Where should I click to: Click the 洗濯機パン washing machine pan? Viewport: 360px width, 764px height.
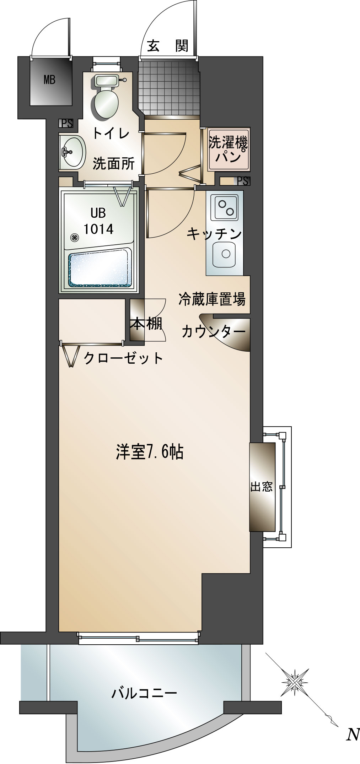coord(229,150)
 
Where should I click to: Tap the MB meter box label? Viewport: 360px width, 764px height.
coord(49,80)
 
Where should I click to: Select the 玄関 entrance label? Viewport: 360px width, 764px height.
coord(167,46)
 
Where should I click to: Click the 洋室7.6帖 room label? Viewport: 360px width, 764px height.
coord(149,452)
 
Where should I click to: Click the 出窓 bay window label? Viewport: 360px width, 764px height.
coord(262,487)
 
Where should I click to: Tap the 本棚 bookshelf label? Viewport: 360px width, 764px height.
coord(146,324)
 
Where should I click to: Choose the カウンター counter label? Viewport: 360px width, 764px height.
coord(213,332)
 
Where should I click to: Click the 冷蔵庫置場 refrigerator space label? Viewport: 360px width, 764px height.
coord(212,299)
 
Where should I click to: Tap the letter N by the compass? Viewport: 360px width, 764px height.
coord(353,734)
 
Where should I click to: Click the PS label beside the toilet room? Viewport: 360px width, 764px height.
coord(66,123)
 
